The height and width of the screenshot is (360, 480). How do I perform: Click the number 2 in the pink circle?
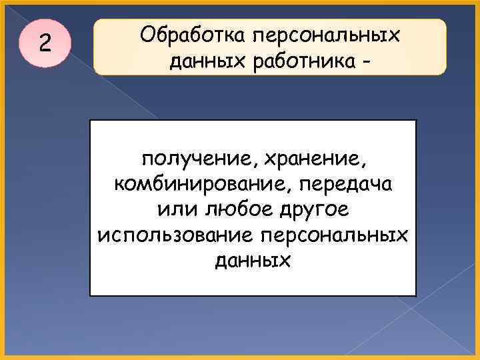coord(44,44)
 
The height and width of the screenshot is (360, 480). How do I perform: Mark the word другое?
coord(311,209)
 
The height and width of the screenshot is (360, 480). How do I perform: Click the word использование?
coord(173,235)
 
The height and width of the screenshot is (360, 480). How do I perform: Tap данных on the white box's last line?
coord(253,260)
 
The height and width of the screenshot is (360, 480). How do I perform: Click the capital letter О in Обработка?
coord(147,34)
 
